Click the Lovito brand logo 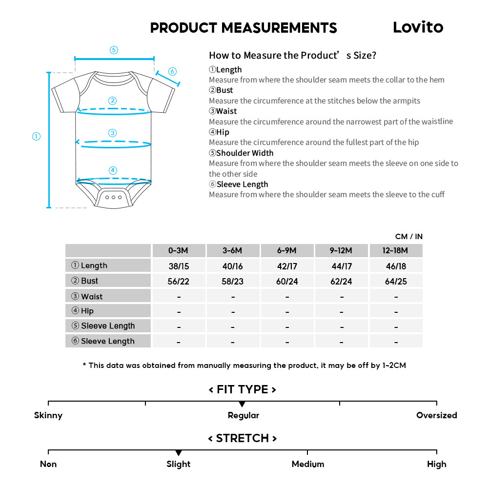[x=418, y=27]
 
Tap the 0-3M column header [x=179, y=251]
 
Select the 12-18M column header [x=395, y=251]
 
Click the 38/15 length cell [x=179, y=266]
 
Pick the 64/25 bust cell [x=395, y=281]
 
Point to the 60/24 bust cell [x=287, y=281]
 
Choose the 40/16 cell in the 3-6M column [x=233, y=266]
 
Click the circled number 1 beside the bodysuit [x=36, y=137]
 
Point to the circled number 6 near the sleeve [x=172, y=72]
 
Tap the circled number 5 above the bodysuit [x=114, y=50]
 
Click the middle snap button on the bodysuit [x=114, y=197]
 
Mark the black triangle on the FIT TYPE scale [x=242, y=405]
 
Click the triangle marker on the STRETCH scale [x=179, y=453]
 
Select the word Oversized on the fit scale [x=436, y=415]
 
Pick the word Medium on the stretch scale [x=307, y=464]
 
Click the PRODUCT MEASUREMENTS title [x=244, y=28]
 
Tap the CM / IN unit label [x=409, y=237]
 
